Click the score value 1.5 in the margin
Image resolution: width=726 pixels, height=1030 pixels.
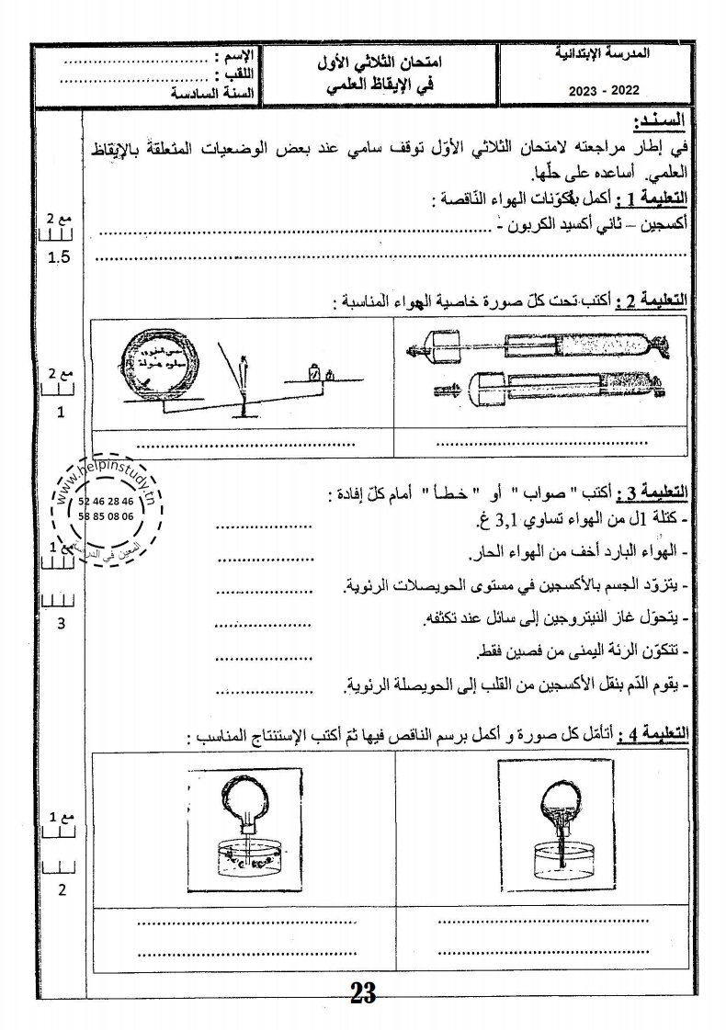[59, 257]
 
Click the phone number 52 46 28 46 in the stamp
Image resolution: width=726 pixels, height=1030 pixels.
[107, 502]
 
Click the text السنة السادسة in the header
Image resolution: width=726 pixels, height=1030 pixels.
[214, 91]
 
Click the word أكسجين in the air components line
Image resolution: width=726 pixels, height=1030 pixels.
[663, 223]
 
